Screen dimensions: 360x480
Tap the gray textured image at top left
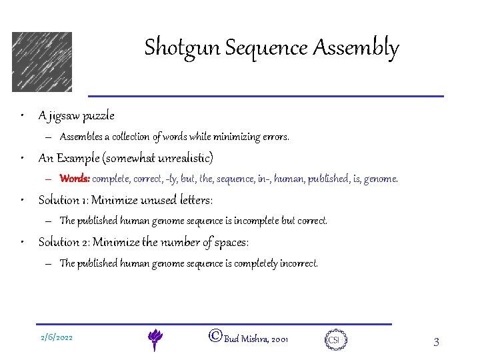[41, 61]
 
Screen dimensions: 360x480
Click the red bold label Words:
[74, 179]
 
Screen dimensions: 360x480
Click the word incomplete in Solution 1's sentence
[255, 221]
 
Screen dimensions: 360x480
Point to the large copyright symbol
[215, 337]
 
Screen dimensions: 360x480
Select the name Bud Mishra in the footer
[246, 339]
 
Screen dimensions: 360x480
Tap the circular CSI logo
[334, 339]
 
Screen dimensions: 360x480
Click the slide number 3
[436, 343]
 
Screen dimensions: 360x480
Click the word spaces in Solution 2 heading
[230, 242]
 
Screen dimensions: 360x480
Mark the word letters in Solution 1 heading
[192, 200]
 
